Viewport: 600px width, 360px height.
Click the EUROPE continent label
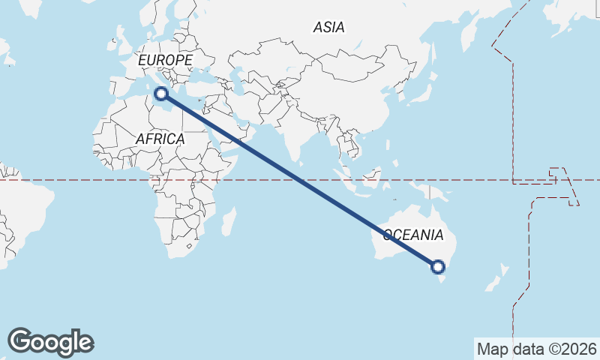tap(165, 60)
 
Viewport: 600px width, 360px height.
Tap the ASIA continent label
tap(328, 28)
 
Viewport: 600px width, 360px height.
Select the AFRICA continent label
tap(160, 139)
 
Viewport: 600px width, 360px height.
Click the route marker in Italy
tap(160, 94)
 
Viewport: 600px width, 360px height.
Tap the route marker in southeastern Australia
tap(439, 266)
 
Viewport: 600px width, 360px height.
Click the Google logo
tap(50, 342)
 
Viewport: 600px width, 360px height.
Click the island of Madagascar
tap(229, 222)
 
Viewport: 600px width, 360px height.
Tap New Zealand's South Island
tap(490, 284)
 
